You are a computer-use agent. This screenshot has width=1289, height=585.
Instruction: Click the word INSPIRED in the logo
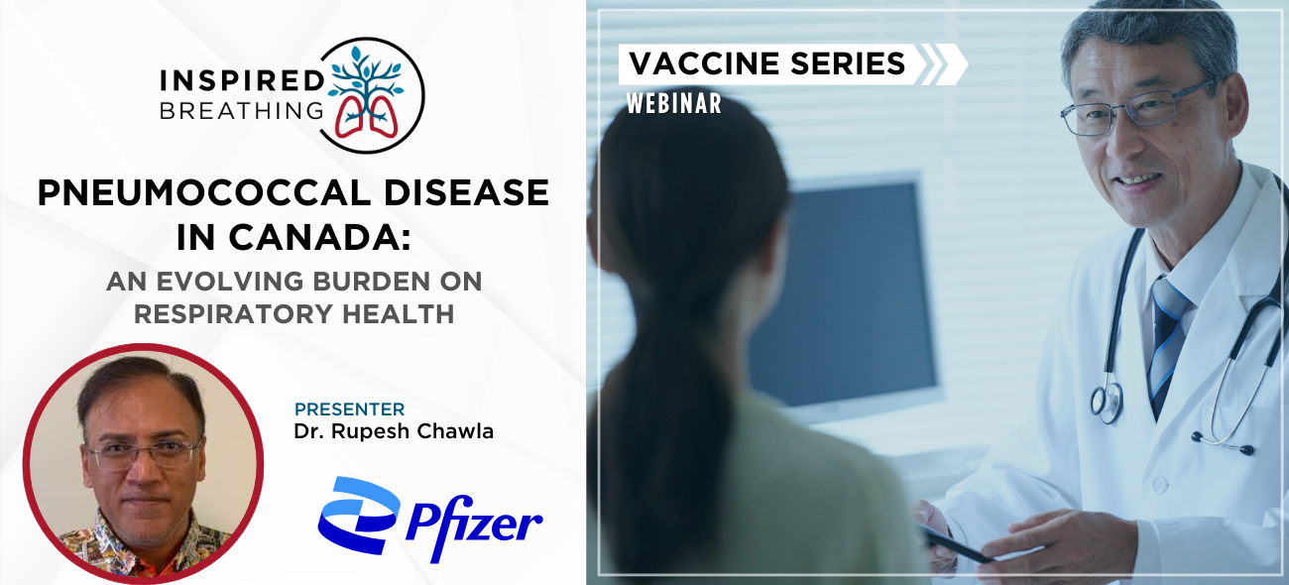242,81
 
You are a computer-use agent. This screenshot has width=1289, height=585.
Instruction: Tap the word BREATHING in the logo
242,110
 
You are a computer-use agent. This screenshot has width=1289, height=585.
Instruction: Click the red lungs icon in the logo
367,117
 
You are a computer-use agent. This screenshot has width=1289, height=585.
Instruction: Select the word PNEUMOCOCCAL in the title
204,192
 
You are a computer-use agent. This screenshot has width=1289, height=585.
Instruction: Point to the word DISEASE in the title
466,192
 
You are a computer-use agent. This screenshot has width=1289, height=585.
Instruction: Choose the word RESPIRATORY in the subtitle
234,314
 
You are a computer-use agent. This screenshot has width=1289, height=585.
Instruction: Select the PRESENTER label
349,409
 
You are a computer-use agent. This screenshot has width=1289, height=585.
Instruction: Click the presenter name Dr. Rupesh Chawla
394,431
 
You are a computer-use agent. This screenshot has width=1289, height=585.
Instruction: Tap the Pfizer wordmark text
474,528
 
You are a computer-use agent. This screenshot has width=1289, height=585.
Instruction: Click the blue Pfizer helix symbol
358,516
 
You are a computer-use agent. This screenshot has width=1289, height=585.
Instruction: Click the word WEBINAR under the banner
674,104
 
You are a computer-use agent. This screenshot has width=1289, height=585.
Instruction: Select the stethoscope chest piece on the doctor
1106,403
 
